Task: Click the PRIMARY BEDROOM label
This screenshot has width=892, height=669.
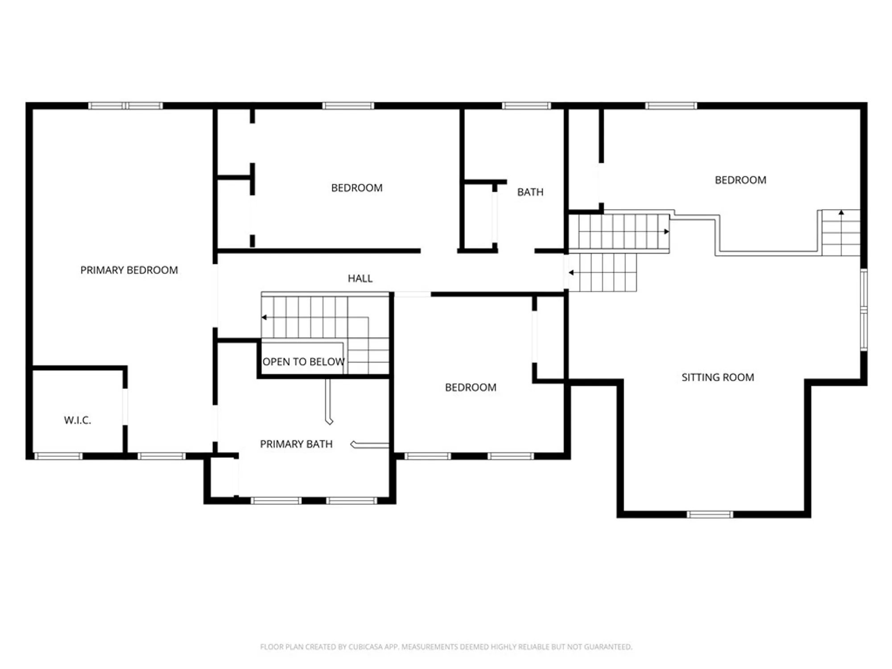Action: tap(129, 270)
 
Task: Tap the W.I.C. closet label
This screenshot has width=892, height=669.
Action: tap(78, 420)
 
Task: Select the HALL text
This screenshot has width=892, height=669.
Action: tap(360, 279)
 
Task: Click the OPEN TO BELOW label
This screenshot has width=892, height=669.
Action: tap(303, 362)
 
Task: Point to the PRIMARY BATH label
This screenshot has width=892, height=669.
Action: tap(296, 444)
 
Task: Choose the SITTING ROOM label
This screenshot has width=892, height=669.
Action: tap(718, 377)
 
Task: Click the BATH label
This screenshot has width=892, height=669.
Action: tap(530, 192)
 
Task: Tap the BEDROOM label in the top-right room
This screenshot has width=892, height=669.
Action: tap(740, 180)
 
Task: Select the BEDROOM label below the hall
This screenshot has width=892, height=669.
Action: tap(471, 388)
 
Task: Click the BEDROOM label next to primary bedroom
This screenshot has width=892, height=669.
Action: tap(356, 188)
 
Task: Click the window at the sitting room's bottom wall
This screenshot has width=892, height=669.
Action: tap(710, 515)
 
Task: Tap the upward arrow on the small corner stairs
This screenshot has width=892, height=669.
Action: tap(841, 213)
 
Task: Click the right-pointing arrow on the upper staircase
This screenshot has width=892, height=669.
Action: tap(666, 231)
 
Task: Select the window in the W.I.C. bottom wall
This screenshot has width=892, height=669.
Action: tap(58, 456)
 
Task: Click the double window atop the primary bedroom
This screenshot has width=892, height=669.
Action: tap(125, 106)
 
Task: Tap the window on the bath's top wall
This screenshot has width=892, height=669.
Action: tap(526, 106)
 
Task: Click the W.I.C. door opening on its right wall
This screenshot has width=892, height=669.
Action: tap(125, 407)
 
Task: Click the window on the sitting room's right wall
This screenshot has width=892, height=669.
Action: tap(863, 310)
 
